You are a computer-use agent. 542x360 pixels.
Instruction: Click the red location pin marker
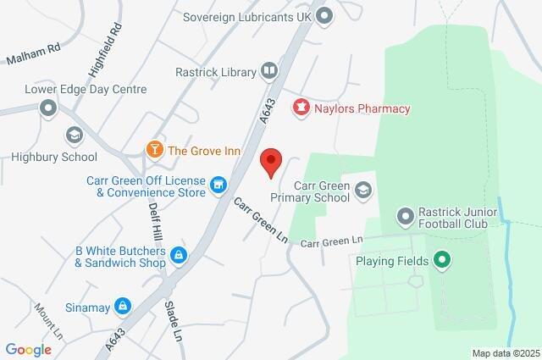click(x=270, y=161)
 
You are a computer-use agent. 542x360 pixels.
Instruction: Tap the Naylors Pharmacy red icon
click(x=300, y=108)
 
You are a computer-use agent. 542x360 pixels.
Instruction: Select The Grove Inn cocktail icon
click(x=155, y=151)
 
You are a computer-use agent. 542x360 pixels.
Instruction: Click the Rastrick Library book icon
click(x=268, y=71)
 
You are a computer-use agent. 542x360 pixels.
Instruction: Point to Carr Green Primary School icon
click(x=363, y=190)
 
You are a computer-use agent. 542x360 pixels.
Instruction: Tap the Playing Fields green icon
click(x=440, y=260)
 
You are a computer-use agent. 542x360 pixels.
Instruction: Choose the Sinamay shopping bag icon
click(x=123, y=305)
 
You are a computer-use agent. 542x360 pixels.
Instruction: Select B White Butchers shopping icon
click(x=178, y=254)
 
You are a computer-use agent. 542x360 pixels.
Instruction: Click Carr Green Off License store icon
click(x=218, y=184)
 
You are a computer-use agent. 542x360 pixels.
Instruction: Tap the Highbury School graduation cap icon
click(x=74, y=135)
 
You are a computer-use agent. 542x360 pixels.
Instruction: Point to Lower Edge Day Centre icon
click(x=48, y=108)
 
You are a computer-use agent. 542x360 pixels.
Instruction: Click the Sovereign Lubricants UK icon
click(x=324, y=14)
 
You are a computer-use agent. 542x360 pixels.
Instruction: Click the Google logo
click(x=29, y=349)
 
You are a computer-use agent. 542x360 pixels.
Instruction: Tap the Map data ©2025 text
click(x=506, y=353)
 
